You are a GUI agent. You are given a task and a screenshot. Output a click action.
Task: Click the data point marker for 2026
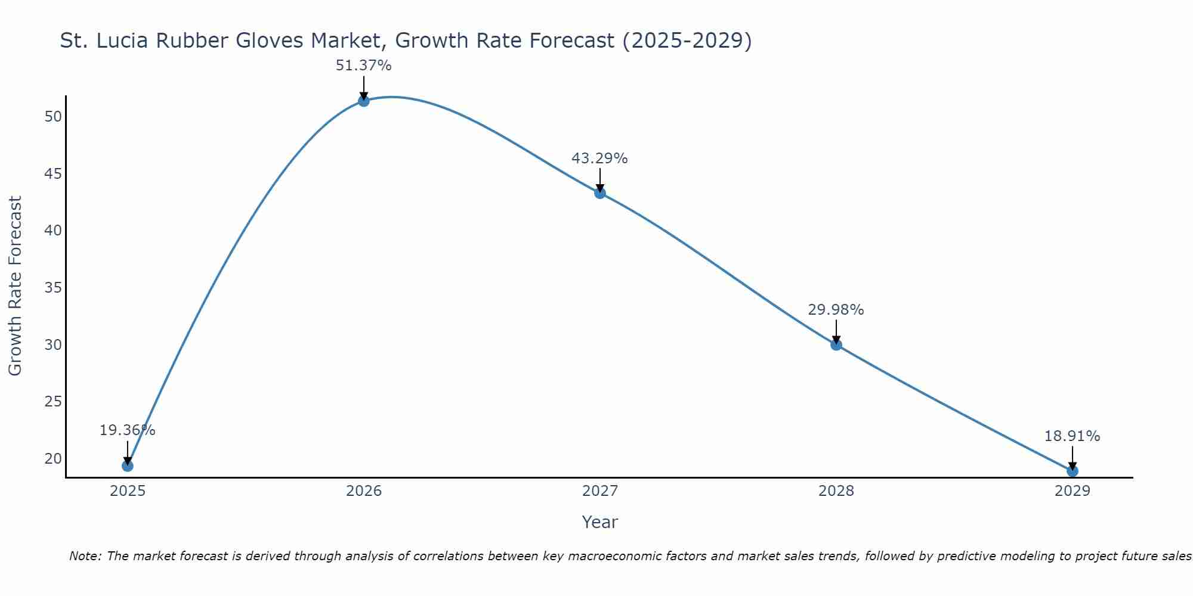[x=363, y=101]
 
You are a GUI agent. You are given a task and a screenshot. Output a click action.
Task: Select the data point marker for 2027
[x=599, y=193]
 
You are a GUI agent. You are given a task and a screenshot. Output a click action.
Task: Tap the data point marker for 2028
[x=836, y=344]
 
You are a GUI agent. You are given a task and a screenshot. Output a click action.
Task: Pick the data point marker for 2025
[x=127, y=465]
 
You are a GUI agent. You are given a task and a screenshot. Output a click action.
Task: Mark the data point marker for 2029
[x=1072, y=471]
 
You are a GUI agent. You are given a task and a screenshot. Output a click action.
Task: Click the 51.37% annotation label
[x=363, y=66]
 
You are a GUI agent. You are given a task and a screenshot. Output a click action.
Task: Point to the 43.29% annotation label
[x=599, y=159]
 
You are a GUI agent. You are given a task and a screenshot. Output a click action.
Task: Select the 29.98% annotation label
[x=836, y=310]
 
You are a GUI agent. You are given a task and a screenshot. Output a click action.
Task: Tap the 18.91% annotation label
[x=1072, y=436]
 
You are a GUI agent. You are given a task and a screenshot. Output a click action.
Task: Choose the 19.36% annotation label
[x=127, y=430]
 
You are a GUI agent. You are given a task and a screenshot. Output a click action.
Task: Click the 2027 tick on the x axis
[x=599, y=491]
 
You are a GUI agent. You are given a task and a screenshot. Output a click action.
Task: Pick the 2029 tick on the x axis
[x=1072, y=491]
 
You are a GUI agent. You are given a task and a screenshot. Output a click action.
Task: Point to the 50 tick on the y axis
[x=53, y=116]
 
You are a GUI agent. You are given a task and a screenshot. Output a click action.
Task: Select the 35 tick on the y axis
[x=53, y=288]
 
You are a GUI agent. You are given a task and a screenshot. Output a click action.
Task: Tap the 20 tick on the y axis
[x=53, y=459]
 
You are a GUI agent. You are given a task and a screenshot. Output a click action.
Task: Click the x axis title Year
[x=599, y=522]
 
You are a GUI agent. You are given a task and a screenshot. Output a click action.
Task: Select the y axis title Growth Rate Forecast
[x=15, y=286]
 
